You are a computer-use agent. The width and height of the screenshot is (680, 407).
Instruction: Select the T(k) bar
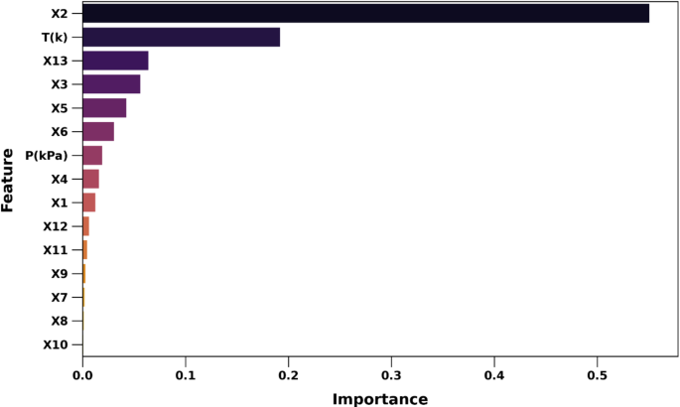[182, 37]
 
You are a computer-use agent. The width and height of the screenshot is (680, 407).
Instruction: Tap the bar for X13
[115, 61]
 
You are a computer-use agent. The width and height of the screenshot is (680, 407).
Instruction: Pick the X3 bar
[111, 84]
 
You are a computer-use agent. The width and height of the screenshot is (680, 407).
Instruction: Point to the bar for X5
[104, 108]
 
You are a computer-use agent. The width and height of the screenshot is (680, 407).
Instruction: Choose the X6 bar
[98, 131]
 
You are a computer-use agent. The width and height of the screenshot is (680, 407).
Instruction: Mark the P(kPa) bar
[92, 155]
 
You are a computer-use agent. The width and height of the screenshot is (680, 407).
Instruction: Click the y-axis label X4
[60, 179]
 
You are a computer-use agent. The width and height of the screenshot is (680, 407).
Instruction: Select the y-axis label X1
[60, 203]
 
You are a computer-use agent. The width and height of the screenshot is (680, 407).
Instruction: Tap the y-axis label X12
[56, 226]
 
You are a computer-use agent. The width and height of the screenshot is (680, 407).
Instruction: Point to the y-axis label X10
[56, 344]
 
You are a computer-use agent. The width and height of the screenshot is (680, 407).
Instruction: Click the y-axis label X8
[60, 321]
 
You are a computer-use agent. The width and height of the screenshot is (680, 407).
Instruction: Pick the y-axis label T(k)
[56, 37]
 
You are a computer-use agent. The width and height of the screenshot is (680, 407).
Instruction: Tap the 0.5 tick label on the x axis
[597, 376]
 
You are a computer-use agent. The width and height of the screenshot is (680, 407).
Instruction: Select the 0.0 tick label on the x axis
[82, 376]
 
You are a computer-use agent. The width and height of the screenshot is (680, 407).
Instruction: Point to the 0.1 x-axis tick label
[186, 376]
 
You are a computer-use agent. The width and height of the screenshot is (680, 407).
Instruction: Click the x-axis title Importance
[380, 398]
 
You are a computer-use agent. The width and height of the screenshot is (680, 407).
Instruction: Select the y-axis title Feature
[8, 180]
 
